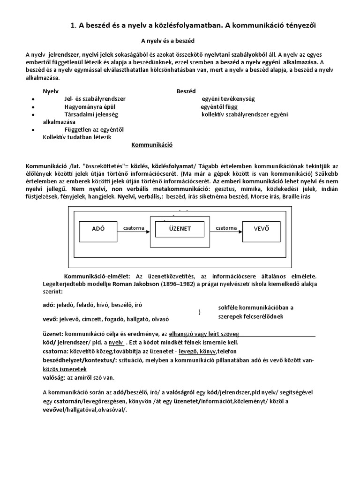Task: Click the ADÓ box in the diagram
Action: pyautogui.click(x=98, y=229)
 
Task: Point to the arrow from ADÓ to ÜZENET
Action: pyautogui.click(x=134, y=232)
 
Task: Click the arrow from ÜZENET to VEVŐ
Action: pyautogui.click(x=226, y=232)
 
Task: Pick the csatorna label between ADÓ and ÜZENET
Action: pyautogui.click(x=134, y=227)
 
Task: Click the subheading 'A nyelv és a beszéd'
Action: pyautogui.click(x=168, y=42)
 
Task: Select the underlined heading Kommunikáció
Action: pyautogui.click(x=152, y=145)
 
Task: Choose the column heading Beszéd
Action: pyautogui.click(x=186, y=91)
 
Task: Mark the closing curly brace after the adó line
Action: pyautogui.click(x=200, y=312)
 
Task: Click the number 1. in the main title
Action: pyautogui.click(x=73, y=26)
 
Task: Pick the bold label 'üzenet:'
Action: pyautogui.click(x=52, y=334)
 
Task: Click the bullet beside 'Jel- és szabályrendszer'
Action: pyautogui.click(x=32, y=99)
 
